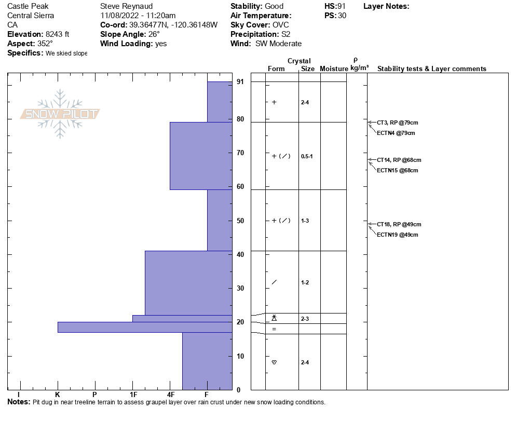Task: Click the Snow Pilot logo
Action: tap(60, 114)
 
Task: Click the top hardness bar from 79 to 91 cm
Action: tap(219, 102)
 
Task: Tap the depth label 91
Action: tap(240, 81)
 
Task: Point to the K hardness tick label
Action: tap(58, 394)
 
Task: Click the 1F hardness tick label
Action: tap(133, 394)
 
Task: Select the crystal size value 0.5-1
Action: tap(307, 156)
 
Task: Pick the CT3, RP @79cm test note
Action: tap(397, 122)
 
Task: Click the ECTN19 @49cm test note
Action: tap(397, 235)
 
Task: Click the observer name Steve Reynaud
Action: tap(126, 6)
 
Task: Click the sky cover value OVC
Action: tap(280, 25)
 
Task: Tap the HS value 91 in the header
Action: tap(342, 6)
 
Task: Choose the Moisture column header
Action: tap(334, 69)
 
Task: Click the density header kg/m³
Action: tap(359, 68)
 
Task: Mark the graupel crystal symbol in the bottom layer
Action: tap(274, 362)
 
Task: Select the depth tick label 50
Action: tap(240, 221)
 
